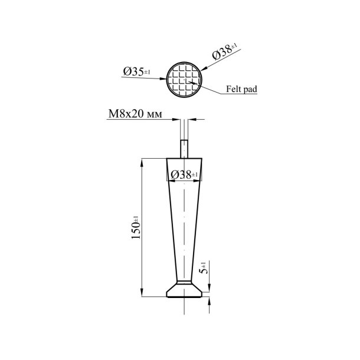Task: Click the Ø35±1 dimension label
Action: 137,72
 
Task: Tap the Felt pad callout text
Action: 241,90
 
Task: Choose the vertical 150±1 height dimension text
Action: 135,228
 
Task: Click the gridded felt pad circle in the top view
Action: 184,80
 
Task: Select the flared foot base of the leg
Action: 186,290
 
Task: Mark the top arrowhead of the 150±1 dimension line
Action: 142,161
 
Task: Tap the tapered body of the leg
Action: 185,230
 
